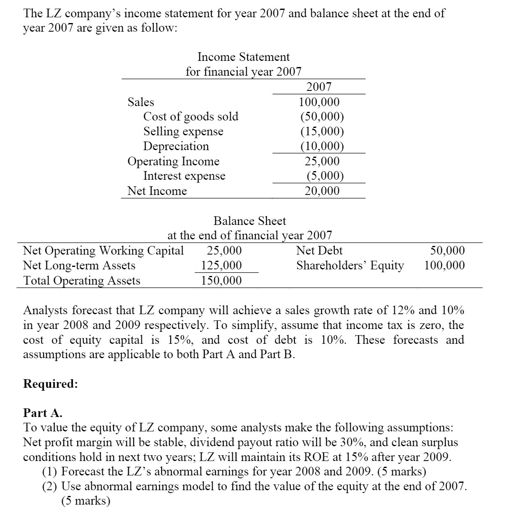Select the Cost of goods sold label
[191, 116]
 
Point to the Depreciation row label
[176, 146]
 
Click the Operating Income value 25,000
[322, 161]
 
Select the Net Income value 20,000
[322, 191]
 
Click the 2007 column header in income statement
[319, 87]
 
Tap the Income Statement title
[243, 57]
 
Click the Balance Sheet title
[250, 221]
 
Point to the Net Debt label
[319, 250]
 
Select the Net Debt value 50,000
[447, 250]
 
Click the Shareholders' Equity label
[350, 265]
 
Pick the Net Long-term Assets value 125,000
[221, 265]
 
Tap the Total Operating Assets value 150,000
[221, 280]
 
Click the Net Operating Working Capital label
[103, 250]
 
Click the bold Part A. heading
[43, 412]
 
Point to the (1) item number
[50, 471]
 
